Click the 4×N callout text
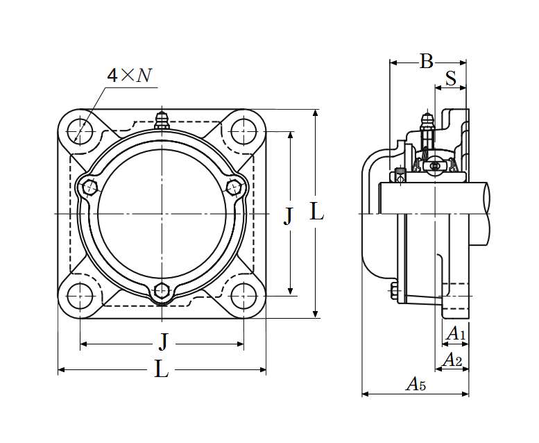(130, 75)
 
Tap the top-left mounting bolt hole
(80, 131)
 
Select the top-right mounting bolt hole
(243, 131)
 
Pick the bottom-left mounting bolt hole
(80, 296)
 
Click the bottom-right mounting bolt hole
(243, 296)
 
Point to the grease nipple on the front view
(162, 121)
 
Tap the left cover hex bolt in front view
(90, 187)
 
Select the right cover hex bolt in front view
(234, 187)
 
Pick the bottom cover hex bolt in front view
(162, 290)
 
